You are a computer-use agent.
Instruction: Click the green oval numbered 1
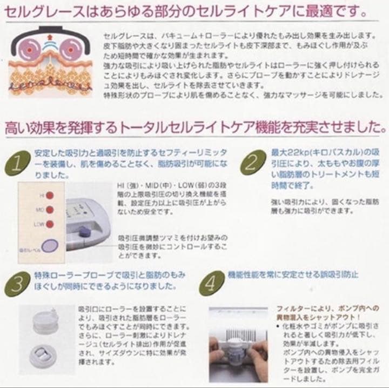click(x=18, y=163)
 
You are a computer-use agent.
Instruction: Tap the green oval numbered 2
click(x=252, y=163)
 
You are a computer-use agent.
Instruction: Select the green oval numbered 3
click(x=18, y=281)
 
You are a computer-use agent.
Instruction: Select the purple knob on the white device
click(x=85, y=232)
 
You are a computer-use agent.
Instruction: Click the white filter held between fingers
click(x=236, y=350)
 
